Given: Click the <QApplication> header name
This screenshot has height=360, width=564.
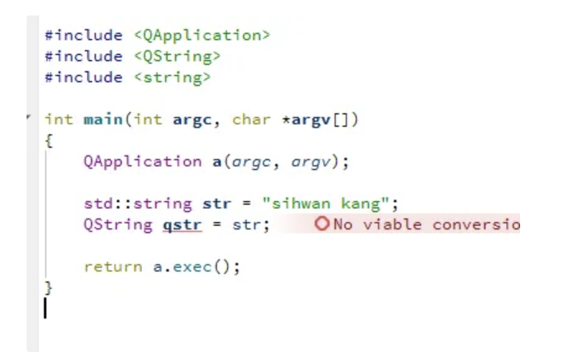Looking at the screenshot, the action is coord(202,35).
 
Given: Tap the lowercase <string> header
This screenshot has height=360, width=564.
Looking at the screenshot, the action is coord(171,77).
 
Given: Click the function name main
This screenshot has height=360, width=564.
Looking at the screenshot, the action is coord(103,119).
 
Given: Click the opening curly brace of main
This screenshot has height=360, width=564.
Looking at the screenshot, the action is coord(48,141).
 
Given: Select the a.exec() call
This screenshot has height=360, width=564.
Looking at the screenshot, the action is coord(185,267).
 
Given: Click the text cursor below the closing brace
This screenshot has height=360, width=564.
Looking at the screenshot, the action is coord(45,308).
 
